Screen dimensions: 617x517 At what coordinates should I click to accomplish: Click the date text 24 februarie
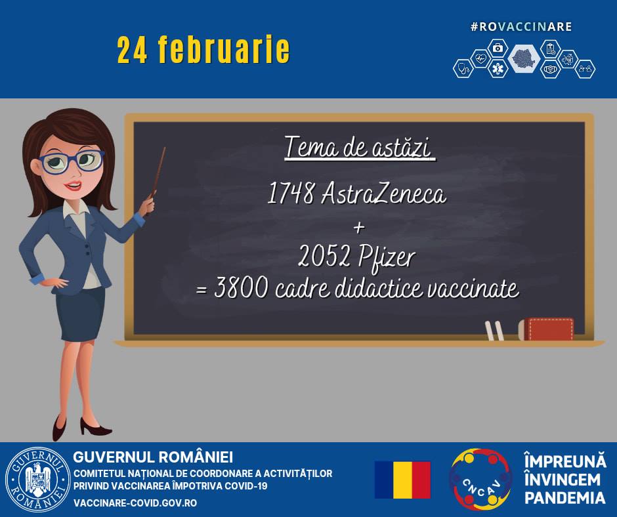tap(203, 50)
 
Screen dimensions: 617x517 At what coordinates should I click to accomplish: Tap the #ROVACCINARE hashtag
tap(521, 27)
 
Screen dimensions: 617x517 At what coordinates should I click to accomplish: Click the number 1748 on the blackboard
tap(291, 193)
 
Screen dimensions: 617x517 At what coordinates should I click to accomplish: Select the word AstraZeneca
tap(384, 193)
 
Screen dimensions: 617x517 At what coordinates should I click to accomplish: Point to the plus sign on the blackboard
tap(359, 228)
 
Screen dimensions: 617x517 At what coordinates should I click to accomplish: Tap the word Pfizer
tap(387, 258)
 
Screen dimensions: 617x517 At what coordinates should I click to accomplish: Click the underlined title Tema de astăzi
tap(360, 148)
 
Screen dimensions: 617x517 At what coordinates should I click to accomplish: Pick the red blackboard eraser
tap(546, 329)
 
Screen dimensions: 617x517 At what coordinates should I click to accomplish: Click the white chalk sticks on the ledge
tap(494, 331)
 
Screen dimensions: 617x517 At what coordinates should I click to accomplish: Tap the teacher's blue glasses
tap(72, 161)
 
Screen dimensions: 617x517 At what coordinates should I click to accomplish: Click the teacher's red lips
tap(74, 185)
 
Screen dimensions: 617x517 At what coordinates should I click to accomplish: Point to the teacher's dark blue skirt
tap(81, 314)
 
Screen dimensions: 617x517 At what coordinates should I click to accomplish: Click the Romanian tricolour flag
tap(402, 480)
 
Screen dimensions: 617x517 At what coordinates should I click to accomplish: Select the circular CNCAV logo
tap(481, 479)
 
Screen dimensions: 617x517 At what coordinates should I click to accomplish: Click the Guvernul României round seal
tap(38, 480)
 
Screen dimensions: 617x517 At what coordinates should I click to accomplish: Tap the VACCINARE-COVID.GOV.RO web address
tap(135, 503)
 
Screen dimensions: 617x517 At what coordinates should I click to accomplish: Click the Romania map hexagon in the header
tap(524, 59)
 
